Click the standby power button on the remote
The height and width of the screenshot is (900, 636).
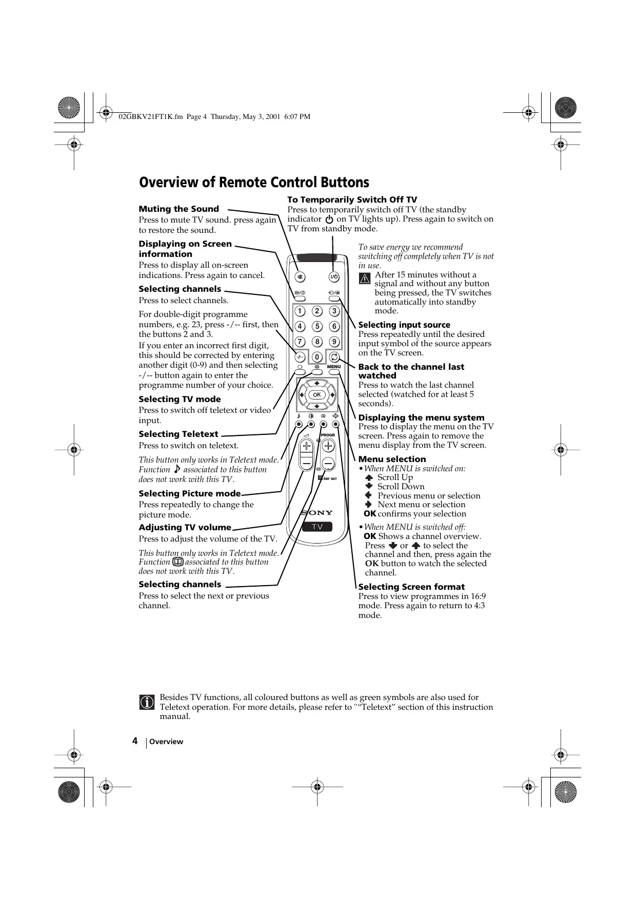click(334, 277)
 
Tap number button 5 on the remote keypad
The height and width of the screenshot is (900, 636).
click(317, 326)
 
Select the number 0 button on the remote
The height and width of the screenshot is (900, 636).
click(317, 357)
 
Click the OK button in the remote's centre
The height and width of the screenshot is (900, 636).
click(317, 394)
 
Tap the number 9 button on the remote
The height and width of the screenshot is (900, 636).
click(334, 342)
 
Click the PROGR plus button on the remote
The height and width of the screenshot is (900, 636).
click(328, 446)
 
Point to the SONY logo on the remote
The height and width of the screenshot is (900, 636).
click(317, 512)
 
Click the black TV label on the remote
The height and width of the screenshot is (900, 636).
click(317, 527)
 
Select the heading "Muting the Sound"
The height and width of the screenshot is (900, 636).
click(178, 209)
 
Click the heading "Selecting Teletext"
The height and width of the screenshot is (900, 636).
click(178, 434)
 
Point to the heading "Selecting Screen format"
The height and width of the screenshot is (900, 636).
click(411, 587)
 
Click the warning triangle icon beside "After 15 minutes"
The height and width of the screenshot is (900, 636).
click(365, 279)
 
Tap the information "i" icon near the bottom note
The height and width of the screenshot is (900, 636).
click(146, 702)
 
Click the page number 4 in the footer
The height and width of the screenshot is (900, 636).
click(134, 741)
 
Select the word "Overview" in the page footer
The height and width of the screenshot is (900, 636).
click(166, 742)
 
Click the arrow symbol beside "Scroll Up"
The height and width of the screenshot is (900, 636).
click(368, 477)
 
